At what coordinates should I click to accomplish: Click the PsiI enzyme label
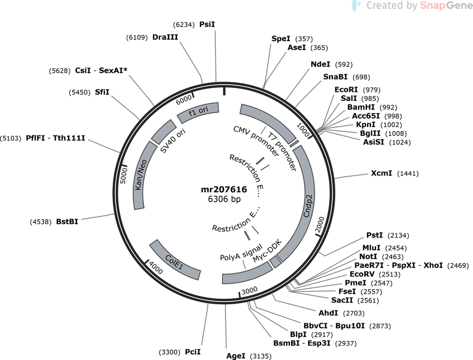(207, 25)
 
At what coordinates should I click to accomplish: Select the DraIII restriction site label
(165, 37)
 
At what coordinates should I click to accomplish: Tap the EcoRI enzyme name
(346, 90)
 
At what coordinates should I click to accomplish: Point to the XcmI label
(382, 173)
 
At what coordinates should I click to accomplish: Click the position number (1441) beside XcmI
(408, 173)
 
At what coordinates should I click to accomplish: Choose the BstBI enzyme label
(67, 222)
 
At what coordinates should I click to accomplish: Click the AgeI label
(236, 356)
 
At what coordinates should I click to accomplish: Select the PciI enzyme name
(193, 352)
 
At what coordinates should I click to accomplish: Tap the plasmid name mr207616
(224, 189)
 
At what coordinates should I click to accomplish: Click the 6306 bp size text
(224, 199)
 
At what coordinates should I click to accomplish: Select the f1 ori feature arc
(198, 112)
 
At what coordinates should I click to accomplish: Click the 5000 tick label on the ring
(124, 176)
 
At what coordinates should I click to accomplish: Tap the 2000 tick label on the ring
(320, 223)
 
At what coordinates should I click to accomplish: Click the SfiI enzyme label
(102, 92)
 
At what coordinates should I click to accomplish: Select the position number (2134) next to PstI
(398, 236)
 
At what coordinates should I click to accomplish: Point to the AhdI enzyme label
(328, 313)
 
